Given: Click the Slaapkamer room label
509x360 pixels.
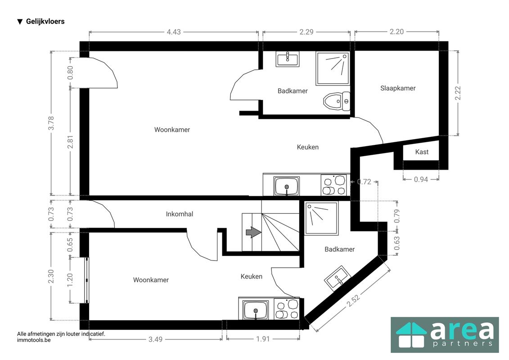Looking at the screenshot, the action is (x=398, y=88).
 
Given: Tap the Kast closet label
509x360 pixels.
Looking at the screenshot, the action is (x=422, y=152).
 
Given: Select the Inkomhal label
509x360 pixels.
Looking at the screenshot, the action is (x=179, y=214).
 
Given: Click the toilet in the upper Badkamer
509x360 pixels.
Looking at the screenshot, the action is (x=337, y=101).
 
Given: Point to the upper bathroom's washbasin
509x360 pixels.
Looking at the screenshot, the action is (x=288, y=59).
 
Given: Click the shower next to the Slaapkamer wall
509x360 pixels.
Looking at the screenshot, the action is (x=333, y=68).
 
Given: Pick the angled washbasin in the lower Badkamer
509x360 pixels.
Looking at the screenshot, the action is (x=338, y=279).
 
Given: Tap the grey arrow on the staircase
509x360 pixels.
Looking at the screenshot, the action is (x=253, y=232).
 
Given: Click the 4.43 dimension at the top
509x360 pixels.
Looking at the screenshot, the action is (x=174, y=32).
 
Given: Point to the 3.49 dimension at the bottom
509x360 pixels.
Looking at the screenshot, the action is (x=155, y=339).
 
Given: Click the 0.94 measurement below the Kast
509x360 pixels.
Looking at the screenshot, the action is (x=421, y=179).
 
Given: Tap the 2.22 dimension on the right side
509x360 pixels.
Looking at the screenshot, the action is (x=458, y=93).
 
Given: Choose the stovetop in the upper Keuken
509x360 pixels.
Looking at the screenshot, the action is (x=333, y=185).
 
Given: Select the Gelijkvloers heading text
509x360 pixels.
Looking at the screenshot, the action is (x=45, y=22).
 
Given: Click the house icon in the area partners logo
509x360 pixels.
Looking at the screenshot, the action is (x=411, y=335).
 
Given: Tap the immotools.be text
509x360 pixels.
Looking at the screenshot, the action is (x=34, y=340).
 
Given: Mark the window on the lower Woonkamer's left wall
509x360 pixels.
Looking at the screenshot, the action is (x=87, y=280).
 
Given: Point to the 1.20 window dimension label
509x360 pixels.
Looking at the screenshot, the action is (x=70, y=280).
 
